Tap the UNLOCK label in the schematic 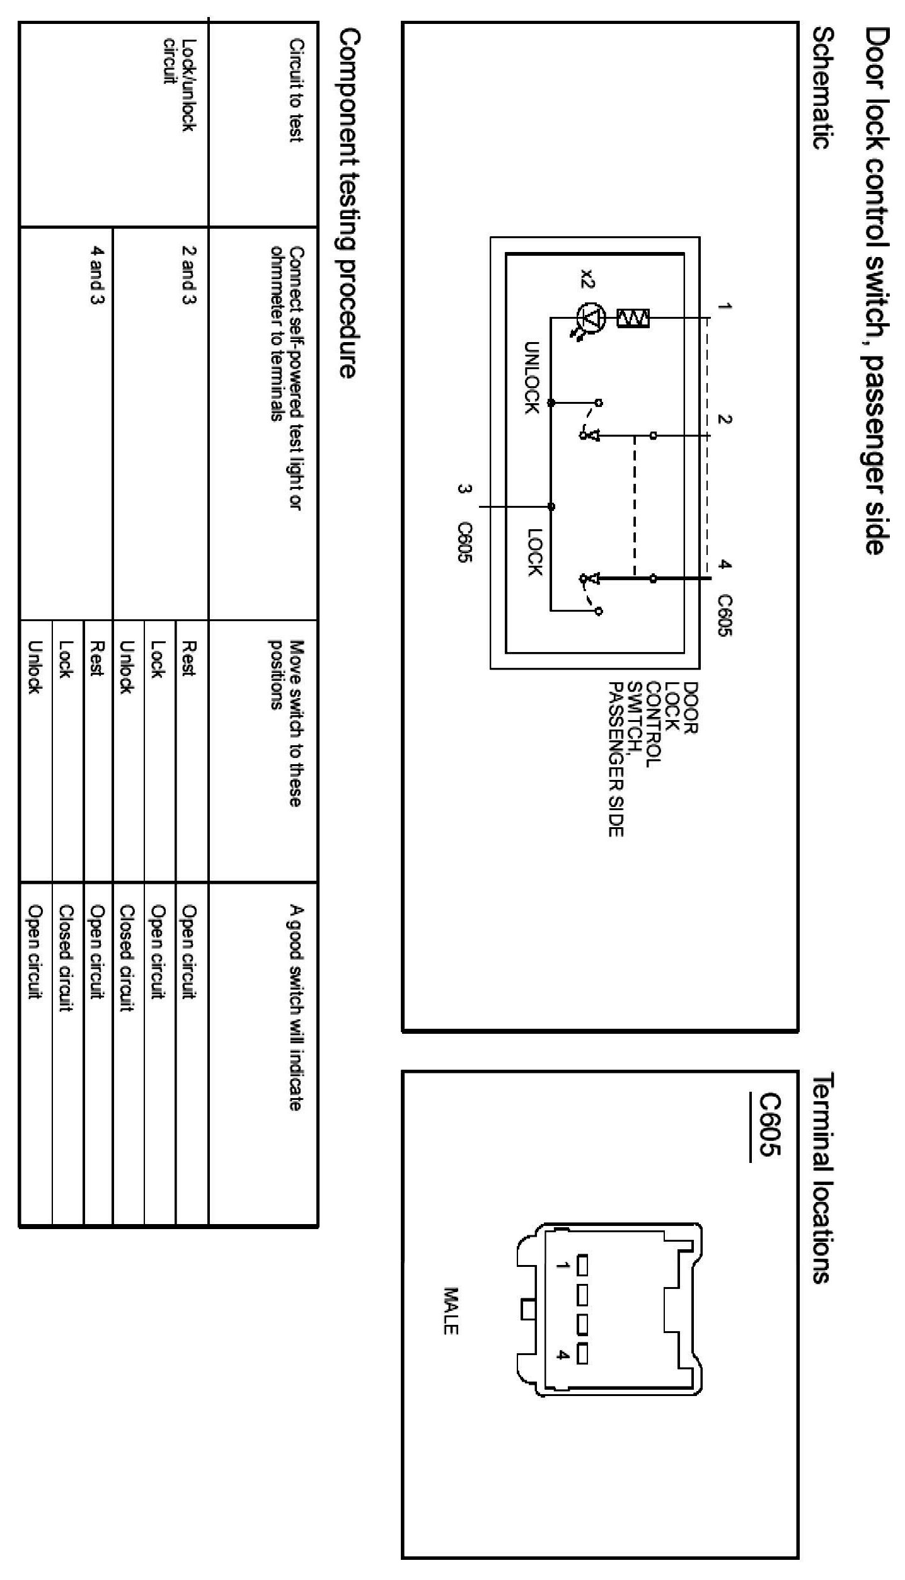(532, 377)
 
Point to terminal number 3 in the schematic (465, 489)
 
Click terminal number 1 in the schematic (725, 307)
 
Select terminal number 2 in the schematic (725, 420)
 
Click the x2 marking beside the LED (587, 278)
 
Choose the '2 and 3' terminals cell (187, 274)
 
